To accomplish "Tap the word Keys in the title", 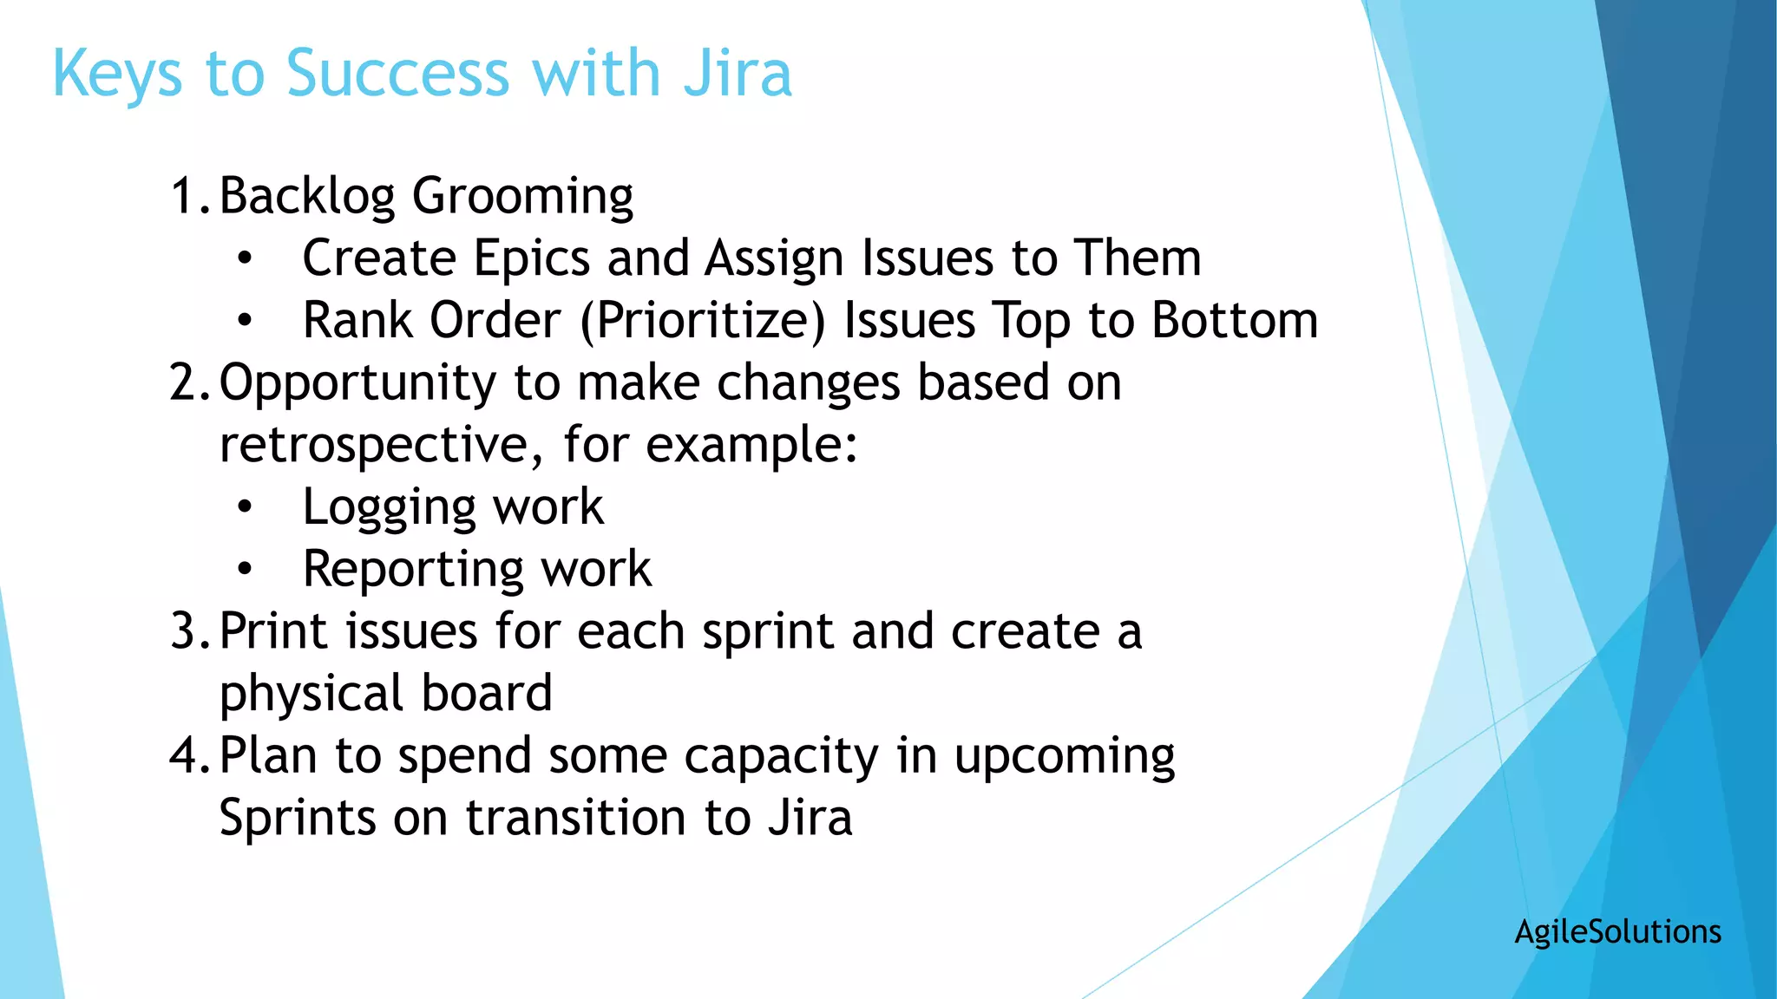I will point(117,75).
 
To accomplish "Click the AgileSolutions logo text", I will point(1617,931).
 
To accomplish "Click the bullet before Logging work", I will point(246,507).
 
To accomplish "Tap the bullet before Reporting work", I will point(246,570).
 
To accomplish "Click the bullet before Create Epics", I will point(246,258).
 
